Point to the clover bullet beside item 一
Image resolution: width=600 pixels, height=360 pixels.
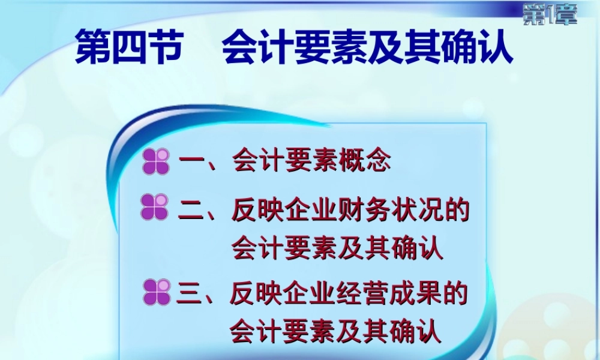coord(156,163)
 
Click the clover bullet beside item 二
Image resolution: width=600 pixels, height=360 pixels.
coord(154,207)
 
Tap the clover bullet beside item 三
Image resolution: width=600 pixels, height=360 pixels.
coord(157,292)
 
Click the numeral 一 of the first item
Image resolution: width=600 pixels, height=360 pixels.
coord(193,163)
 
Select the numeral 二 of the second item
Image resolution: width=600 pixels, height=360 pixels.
coord(192,211)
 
